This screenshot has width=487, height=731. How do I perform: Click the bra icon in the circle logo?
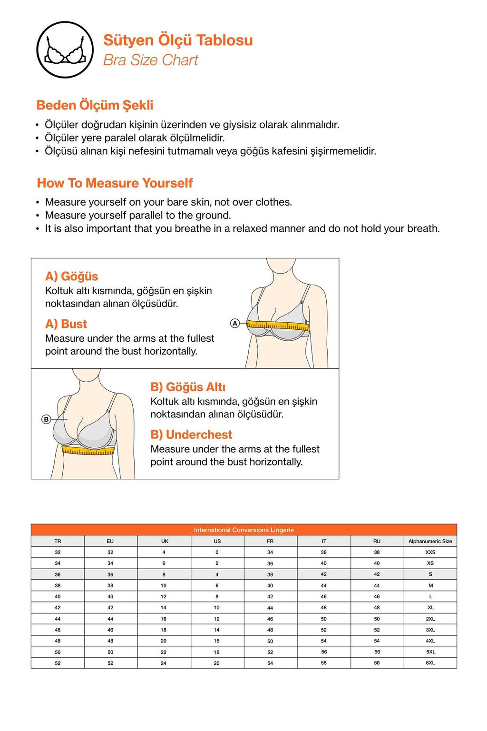point(65,50)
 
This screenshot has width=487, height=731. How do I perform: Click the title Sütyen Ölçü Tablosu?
point(178,40)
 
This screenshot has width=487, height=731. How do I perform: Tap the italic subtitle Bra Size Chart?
point(150,60)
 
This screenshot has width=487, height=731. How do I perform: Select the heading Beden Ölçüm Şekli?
point(95,105)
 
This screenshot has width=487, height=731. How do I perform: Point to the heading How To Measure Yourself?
point(115,183)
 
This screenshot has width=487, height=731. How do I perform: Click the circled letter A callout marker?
point(234,323)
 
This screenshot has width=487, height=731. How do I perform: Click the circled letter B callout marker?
point(46,419)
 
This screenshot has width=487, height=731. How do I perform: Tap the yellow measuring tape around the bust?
point(278,326)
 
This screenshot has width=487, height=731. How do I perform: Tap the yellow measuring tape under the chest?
point(88,450)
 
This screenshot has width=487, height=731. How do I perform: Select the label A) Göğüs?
point(71,277)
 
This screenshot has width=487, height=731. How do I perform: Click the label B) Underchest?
point(191,435)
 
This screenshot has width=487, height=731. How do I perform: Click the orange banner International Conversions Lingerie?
point(243,530)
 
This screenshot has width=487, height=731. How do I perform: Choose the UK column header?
point(165,541)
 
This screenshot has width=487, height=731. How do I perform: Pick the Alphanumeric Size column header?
point(430,541)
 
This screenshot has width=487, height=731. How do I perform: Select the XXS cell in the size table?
point(430,552)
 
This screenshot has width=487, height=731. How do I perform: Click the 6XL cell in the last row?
point(430,663)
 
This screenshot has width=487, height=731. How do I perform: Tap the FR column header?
point(270,541)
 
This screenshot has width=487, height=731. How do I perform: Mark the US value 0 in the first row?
point(217,552)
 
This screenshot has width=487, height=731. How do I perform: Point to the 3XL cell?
point(430,630)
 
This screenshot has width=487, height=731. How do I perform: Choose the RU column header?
point(377,541)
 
